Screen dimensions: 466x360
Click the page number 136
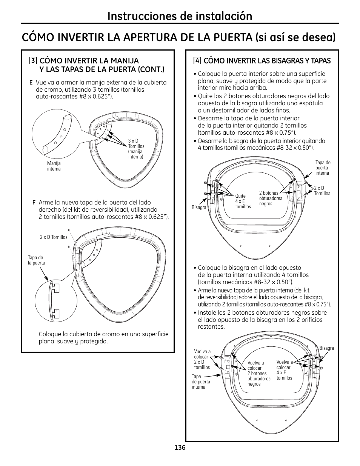[x=180, y=448]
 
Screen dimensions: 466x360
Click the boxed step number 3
[x=34, y=61]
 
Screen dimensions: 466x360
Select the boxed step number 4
[x=197, y=61]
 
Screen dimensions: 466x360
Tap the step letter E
[x=31, y=83]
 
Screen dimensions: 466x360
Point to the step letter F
[x=34, y=203]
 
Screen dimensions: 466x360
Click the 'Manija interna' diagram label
[x=54, y=166]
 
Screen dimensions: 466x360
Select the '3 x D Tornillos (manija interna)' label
[x=136, y=149]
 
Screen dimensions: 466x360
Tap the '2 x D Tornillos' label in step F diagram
[x=54, y=237]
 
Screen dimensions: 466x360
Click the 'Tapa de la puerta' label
[x=36, y=260]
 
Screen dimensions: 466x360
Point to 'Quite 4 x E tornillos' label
[x=243, y=201]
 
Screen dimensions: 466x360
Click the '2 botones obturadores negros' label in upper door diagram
[x=271, y=198]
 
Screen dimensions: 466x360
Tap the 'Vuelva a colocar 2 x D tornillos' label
[x=202, y=360]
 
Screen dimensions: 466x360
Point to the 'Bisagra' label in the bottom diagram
[x=326, y=348]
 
